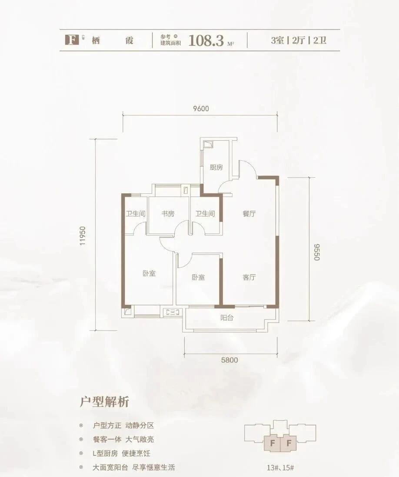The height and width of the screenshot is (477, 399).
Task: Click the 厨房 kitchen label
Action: pyautogui.click(x=216, y=167)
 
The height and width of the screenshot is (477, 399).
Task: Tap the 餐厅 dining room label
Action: pyautogui.click(x=249, y=214)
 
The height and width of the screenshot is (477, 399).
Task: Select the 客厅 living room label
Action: pyautogui.click(x=249, y=278)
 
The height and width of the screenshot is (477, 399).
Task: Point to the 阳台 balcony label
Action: pyautogui.click(x=227, y=318)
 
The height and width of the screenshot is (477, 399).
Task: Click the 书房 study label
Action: pyautogui.click(x=168, y=214)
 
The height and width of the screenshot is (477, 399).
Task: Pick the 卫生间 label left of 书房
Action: pyautogui.click(x=135, y=214)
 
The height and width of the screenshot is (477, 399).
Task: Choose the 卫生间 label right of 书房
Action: pyautogui.click(x=205, y=214)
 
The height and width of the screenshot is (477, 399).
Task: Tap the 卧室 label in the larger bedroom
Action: pyautogui.click(x=149, y=273)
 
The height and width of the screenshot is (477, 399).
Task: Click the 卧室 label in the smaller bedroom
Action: pyautogui.click(x=198, y=278)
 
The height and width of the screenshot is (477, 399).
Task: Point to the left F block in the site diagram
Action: pyautogui.click(x=272, y=444)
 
